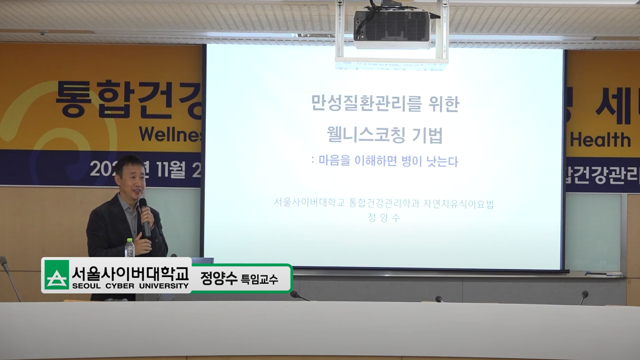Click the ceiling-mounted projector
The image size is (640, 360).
391,28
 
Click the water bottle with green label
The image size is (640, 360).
129,248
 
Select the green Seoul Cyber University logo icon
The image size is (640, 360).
56,275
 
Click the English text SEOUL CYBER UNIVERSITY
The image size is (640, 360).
130,286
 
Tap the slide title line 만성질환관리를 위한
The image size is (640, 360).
384,104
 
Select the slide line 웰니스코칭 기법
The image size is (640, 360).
384,134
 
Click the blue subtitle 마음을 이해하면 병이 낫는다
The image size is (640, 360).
387,161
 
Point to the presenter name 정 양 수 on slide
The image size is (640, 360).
383,218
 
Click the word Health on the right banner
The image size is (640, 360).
600,139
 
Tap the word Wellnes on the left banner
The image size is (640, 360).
170,134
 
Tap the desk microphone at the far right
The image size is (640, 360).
584,295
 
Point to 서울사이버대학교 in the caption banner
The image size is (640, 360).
130,272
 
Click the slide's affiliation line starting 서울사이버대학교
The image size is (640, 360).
383,203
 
